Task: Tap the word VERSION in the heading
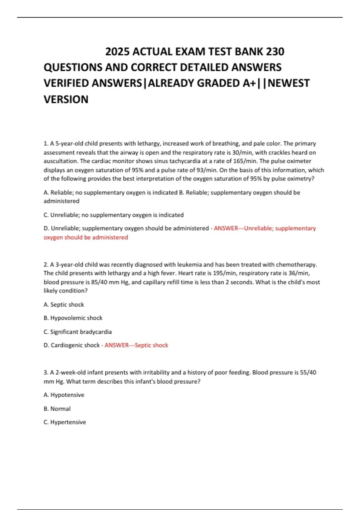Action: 66,99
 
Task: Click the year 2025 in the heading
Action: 117,52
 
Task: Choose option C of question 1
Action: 113,215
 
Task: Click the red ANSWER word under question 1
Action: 226,228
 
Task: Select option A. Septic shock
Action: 64,304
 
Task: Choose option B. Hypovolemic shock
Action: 73,318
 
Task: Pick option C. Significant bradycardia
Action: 77,332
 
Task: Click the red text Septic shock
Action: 151,345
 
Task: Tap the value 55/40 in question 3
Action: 308,372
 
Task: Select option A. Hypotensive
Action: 64,395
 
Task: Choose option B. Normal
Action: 57,409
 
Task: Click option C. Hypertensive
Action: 65,422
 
